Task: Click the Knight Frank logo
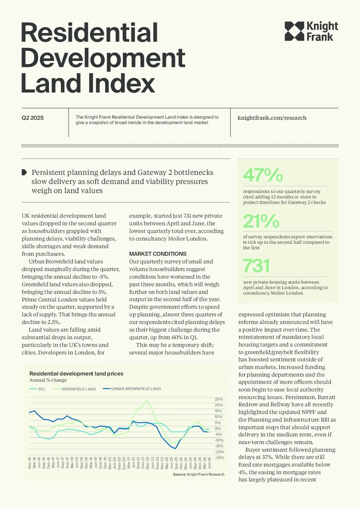[x=311, y=31]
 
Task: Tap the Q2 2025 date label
[x=33, y=118]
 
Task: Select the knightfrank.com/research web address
[x=272, y=118]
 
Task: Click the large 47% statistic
[x=263, y=175]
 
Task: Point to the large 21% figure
[x=261, y=221]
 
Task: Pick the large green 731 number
[x=256, y=266]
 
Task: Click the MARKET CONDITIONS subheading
[x=158, y=254]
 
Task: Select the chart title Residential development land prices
[x=76, y=374]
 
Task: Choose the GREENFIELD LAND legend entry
[x=74, y=389]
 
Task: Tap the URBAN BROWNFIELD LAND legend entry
[x=132, y=389]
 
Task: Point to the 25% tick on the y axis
[x=219, y=399]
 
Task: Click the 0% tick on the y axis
[x=218, y=428]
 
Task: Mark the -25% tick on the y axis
[x=220, y=457]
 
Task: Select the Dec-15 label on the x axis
[x=29, y=463]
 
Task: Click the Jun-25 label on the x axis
[x=209, y=463]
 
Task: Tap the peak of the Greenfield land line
[x=147, y=400]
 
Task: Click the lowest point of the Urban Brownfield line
[x=175, y=448]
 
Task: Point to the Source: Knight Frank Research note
[x=199, y=475]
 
